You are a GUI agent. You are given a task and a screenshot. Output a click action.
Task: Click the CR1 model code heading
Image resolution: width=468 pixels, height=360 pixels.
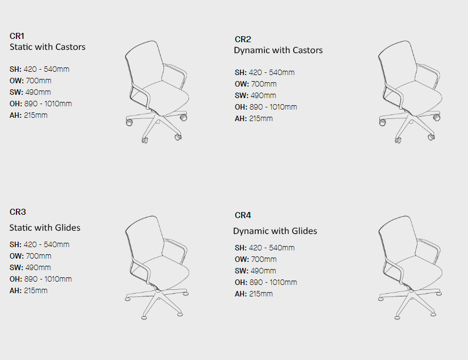17,36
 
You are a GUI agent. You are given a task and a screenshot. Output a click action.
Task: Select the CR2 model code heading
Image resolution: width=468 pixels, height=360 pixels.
243,39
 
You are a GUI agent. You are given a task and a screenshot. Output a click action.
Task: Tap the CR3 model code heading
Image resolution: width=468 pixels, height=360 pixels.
18,212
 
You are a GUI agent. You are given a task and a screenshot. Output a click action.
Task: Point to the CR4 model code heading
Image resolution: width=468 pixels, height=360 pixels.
243,215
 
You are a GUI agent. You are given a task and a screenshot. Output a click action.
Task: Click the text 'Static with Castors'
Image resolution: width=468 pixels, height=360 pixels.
48,47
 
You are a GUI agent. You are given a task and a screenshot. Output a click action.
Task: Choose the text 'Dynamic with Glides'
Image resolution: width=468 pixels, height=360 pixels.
275,231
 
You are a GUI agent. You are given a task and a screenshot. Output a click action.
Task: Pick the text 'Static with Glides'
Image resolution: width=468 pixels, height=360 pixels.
45,227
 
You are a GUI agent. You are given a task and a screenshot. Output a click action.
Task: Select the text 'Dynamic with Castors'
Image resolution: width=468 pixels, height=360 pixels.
278,50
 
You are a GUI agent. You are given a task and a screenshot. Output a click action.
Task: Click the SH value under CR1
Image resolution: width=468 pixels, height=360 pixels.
47,70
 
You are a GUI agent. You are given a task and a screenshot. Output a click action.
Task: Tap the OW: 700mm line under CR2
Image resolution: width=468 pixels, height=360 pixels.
255,84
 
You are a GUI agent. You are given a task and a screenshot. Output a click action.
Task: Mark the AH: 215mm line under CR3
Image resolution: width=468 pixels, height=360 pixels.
28,290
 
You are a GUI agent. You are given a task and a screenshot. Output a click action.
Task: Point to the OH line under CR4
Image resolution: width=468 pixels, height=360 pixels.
266,282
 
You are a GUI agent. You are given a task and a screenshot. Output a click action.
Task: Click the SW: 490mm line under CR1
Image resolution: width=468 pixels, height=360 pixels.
30,92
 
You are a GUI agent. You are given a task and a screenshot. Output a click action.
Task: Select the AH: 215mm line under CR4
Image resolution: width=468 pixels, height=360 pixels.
254,294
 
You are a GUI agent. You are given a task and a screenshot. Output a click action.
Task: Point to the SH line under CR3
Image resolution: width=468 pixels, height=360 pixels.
39,244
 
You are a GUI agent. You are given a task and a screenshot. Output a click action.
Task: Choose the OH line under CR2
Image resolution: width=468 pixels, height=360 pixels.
266,107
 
